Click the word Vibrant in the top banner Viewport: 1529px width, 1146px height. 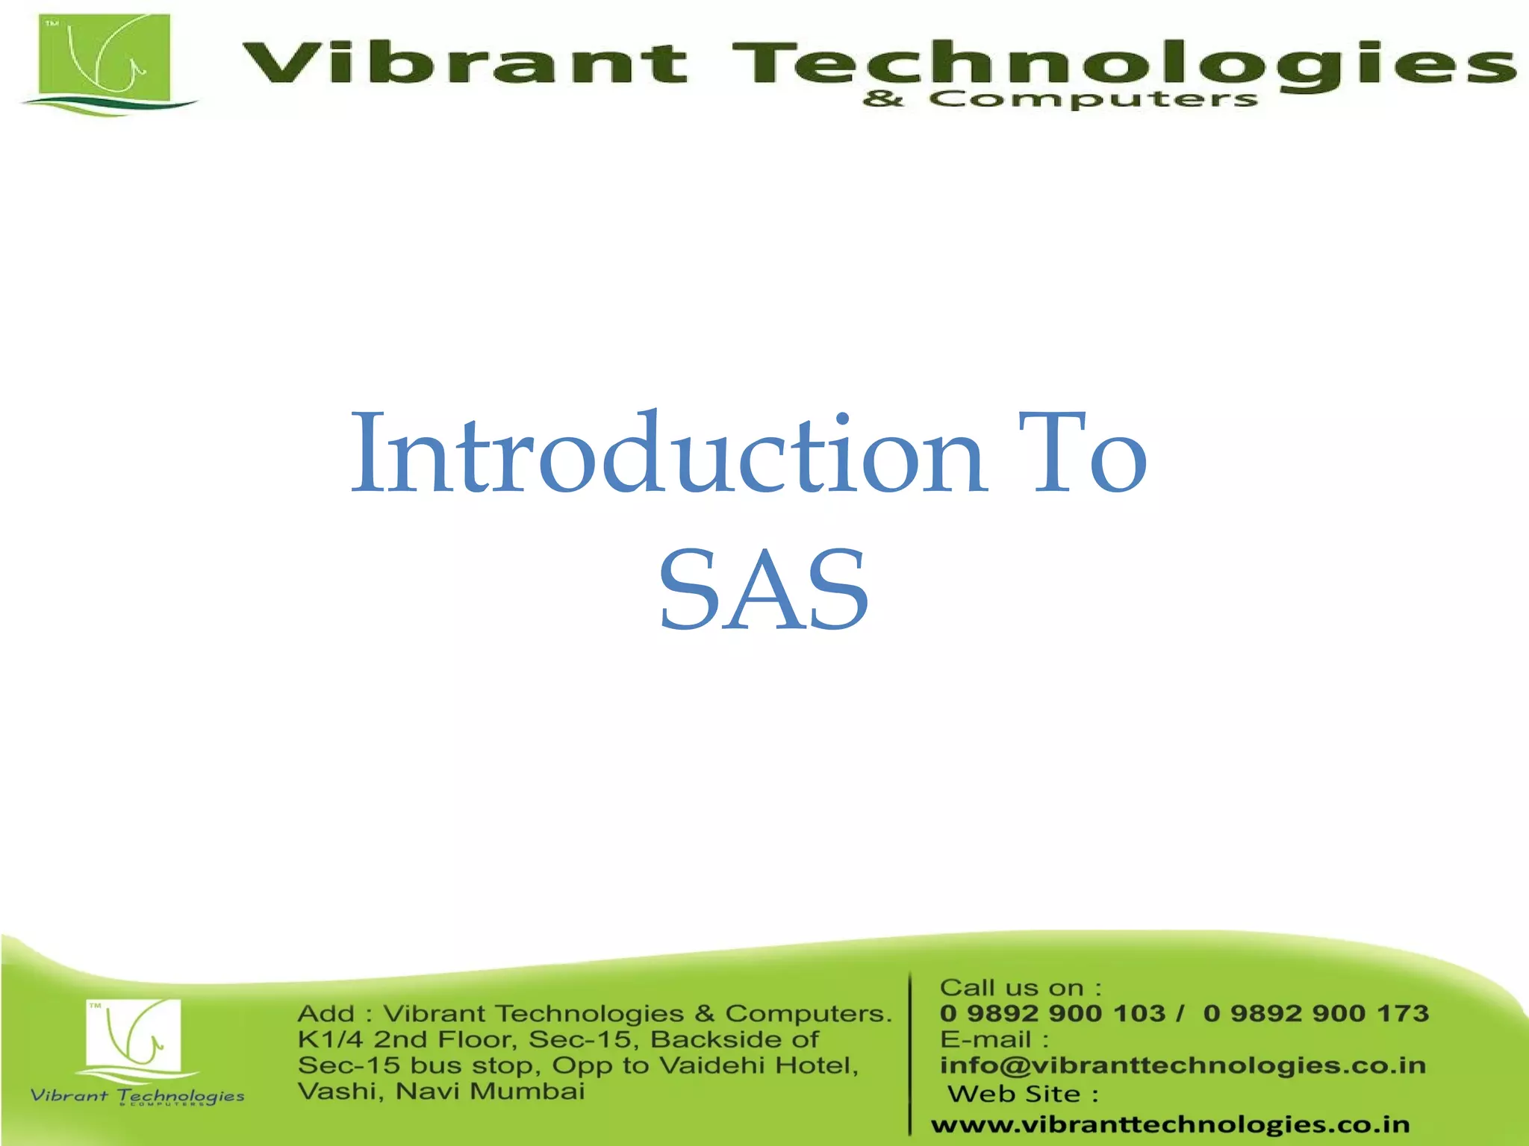pos(463,63)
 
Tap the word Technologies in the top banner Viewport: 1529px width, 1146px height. pos(1120,63)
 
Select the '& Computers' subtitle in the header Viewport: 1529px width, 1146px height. pos(1060,99)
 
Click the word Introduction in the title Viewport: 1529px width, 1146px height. pos(668,455)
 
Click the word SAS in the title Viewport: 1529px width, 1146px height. pos(763,589)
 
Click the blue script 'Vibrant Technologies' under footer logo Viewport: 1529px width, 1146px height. pos(137,1095)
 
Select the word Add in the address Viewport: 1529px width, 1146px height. pos(325,1014)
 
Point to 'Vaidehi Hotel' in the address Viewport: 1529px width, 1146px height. pos(759,1065)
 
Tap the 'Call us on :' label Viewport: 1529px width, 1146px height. pos(1020,988)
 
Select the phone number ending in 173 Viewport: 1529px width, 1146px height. pos(1315,1013)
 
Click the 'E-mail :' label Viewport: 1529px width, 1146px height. pos(994,1039)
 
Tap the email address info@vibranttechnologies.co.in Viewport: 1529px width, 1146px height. pos(1183,1065)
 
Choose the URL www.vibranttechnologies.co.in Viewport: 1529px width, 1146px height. pos(1170,1124)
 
